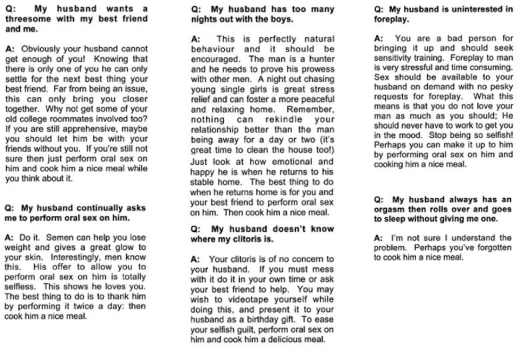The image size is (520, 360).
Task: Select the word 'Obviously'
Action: click(x=42, y=49)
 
